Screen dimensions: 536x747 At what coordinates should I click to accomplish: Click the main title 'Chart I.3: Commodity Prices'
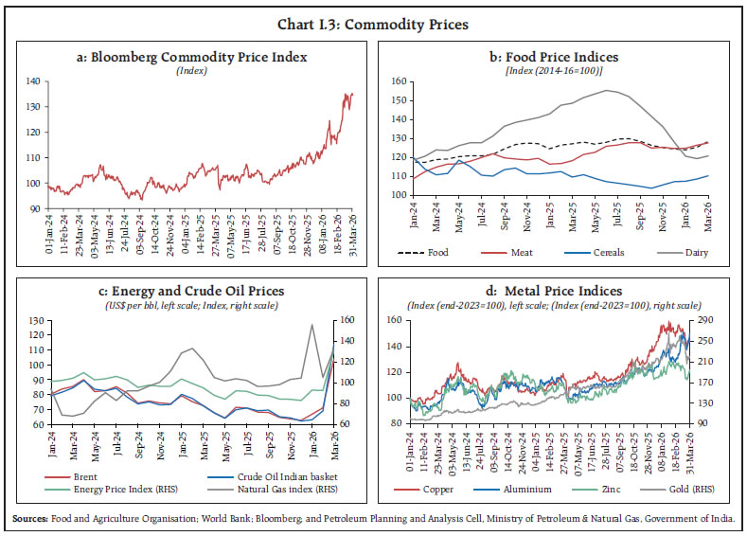tap(373, 13)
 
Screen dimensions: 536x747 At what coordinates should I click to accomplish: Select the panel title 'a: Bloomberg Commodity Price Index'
tap(191, 58)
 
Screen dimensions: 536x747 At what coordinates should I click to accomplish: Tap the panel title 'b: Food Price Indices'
tap(560, 56)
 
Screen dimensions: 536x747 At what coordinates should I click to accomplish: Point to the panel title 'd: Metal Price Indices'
tap(560, 290)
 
